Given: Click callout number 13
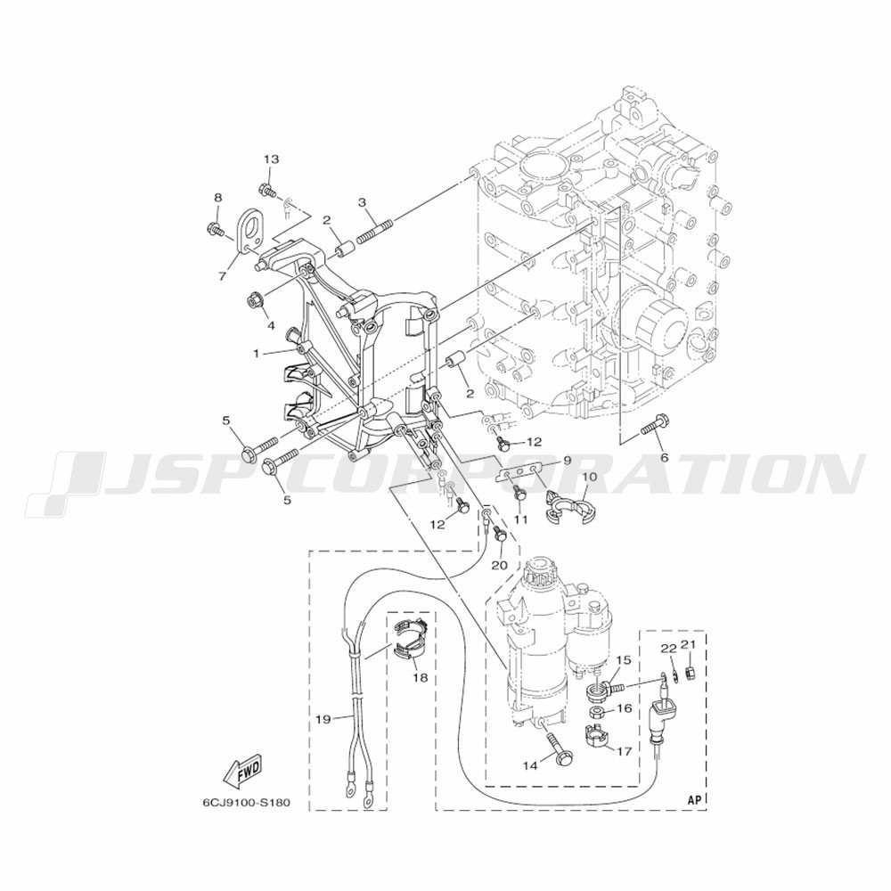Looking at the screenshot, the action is [271, 159].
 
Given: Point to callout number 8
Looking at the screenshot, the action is [218, 197].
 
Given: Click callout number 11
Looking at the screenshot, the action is [521, 519].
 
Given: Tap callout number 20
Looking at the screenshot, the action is [500, 566].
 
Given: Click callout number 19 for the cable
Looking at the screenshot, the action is [323, 720].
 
